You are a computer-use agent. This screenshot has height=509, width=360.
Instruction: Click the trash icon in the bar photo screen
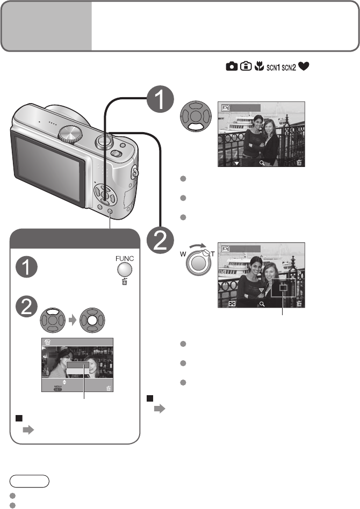tap(109, 388)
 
